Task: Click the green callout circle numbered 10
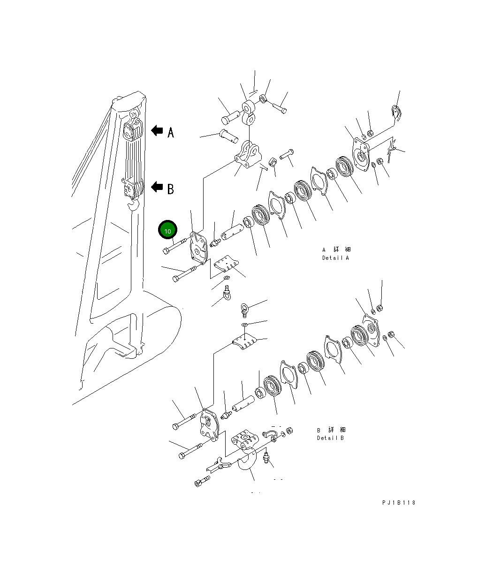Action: tap(167, 230)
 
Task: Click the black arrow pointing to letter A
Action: tap(157, 130)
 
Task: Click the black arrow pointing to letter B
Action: tap(157, 187)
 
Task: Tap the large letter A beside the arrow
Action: tap(171, 132)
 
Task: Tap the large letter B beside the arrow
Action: tap(171, 189)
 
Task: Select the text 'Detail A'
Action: tap(335, 258)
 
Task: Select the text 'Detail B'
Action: tap(330, 438)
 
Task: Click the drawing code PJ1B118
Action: tap(399, 503)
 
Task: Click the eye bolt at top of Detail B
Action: tap(244, 310)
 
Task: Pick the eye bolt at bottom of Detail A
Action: tap(227, 293)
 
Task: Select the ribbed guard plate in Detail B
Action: tap(244, 341)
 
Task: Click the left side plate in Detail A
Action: tap(198, 248)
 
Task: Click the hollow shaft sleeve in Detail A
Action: tap(233, 232)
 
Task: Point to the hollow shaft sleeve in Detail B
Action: tap(243, 404)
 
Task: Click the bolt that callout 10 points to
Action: tap(175, 246)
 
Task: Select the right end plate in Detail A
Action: tap(361, 154)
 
